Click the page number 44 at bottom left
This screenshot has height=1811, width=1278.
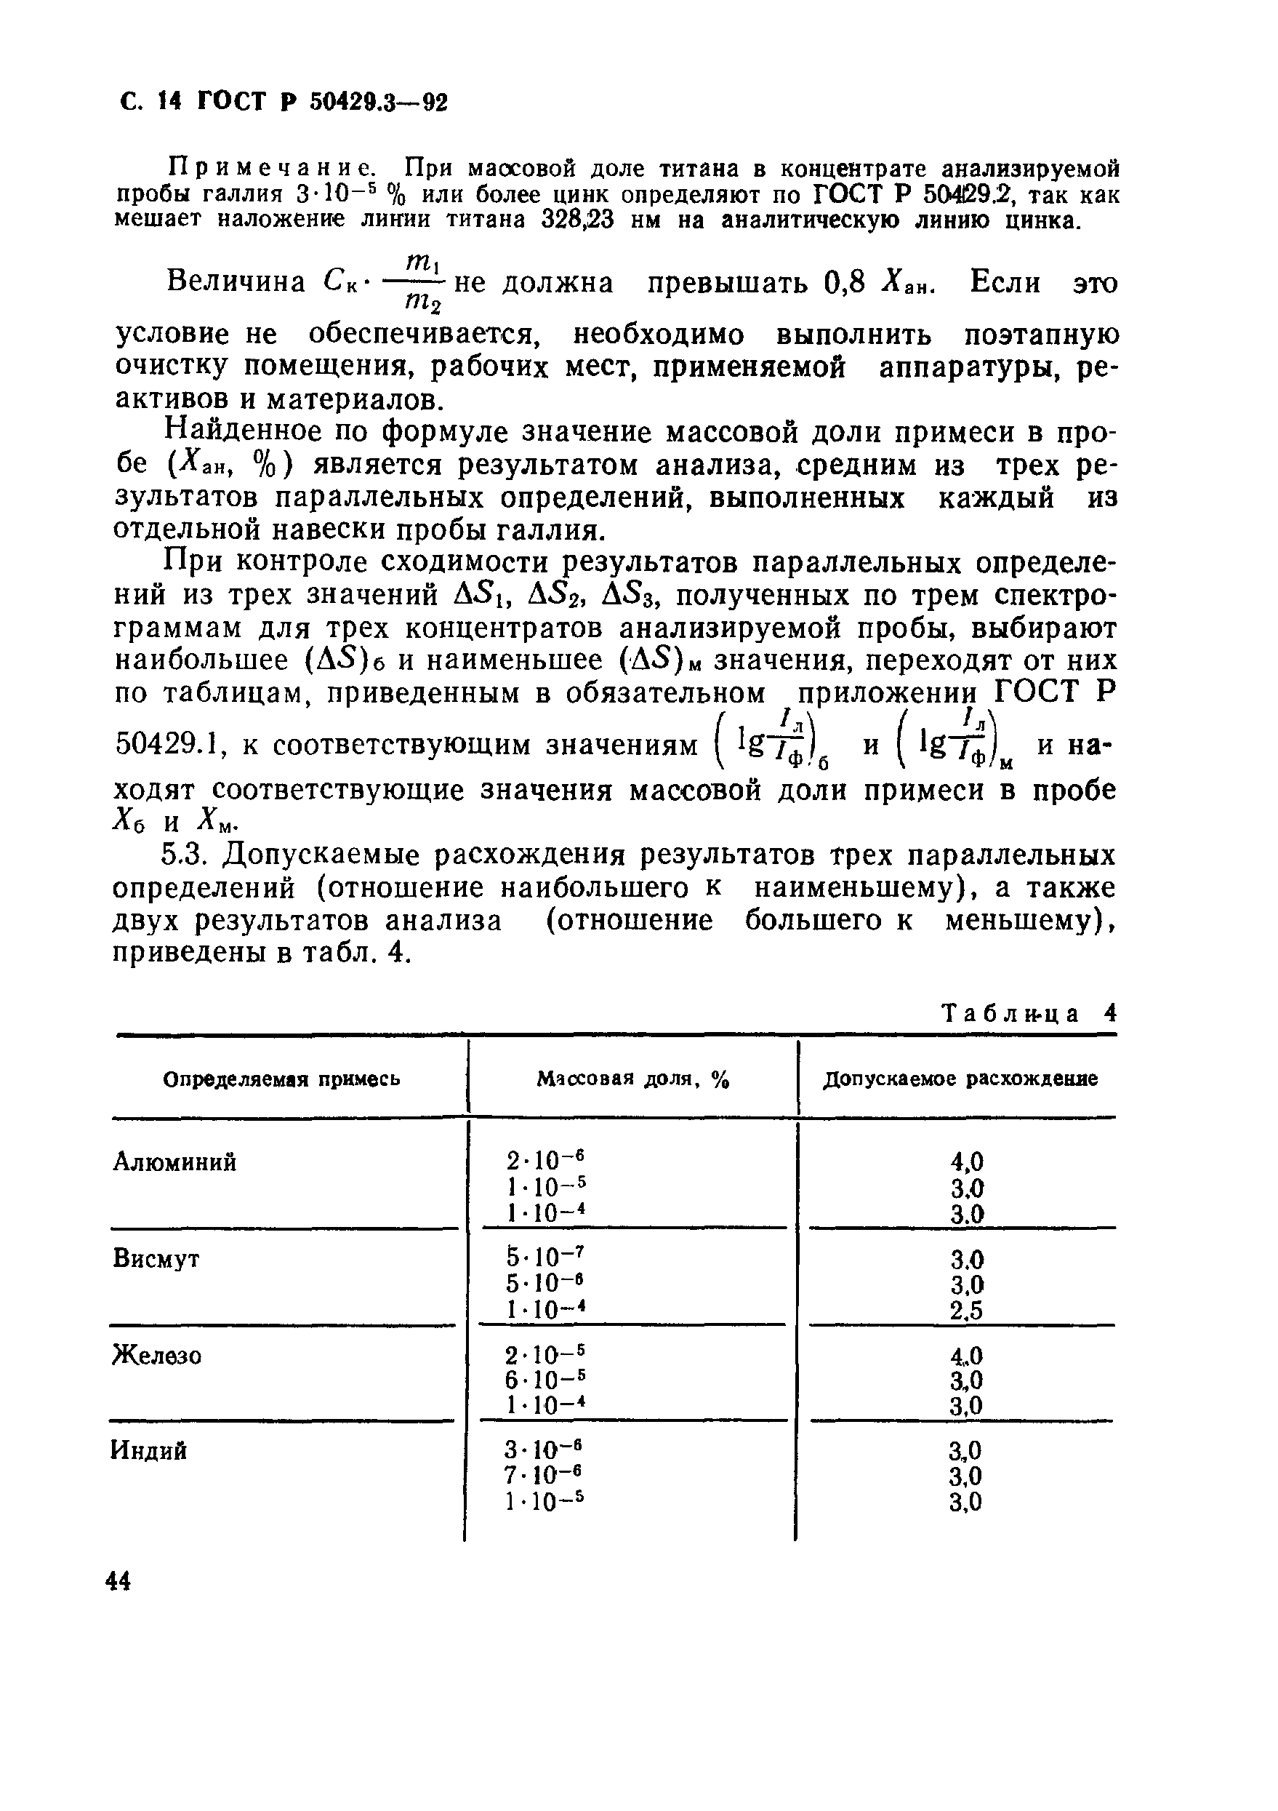coord(118,1581)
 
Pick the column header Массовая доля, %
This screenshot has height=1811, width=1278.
coord(633,1080)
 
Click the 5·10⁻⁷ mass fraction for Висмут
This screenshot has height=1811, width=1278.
coord(547,1258)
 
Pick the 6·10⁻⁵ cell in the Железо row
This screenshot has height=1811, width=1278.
coord(545,1380)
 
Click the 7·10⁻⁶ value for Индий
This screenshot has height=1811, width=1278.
coord(545,1476)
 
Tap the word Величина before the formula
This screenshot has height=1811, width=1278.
coord(236,282)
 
